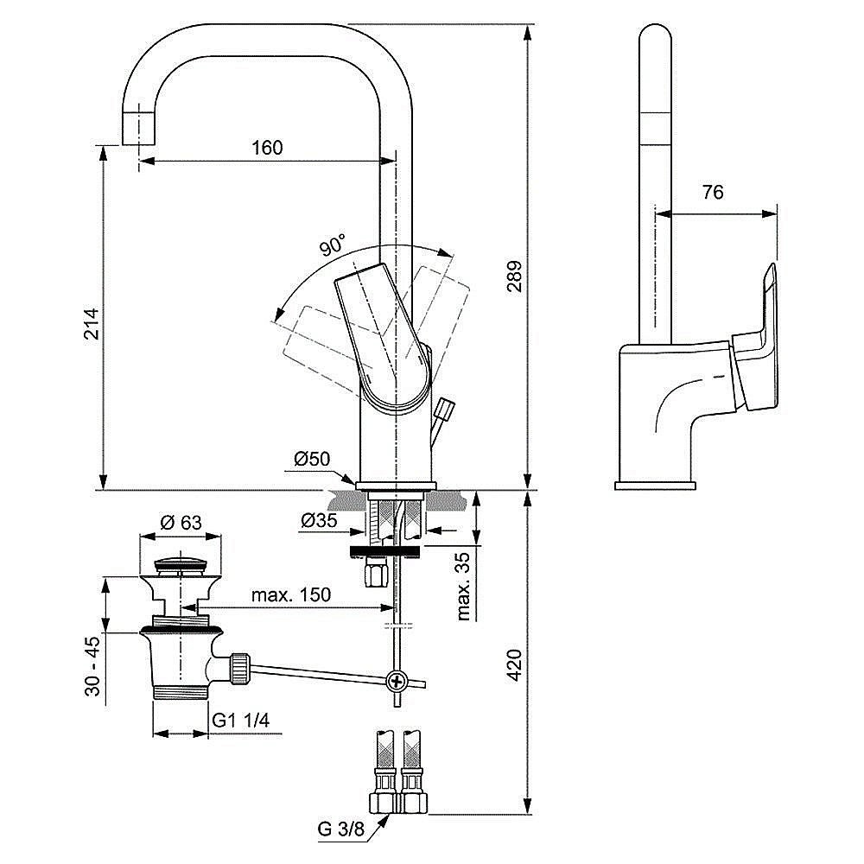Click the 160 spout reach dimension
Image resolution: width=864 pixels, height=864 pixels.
click(x=267, y=148)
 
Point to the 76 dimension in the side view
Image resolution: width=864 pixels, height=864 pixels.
click(x=712, y=193)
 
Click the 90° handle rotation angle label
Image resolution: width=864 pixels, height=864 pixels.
click(x=332, y=245)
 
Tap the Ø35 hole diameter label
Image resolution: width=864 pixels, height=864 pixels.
click(x=319, y=520)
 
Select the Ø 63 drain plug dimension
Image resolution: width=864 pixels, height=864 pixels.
click(x=181, y=522)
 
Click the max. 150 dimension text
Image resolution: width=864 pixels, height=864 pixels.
click(x=291, y=595)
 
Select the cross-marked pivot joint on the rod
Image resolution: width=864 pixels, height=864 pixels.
click(x=397, y=681)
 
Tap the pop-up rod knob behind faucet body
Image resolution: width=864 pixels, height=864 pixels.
click(x=446, y=408)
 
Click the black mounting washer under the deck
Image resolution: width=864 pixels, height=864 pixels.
click(x=385, y=550)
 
